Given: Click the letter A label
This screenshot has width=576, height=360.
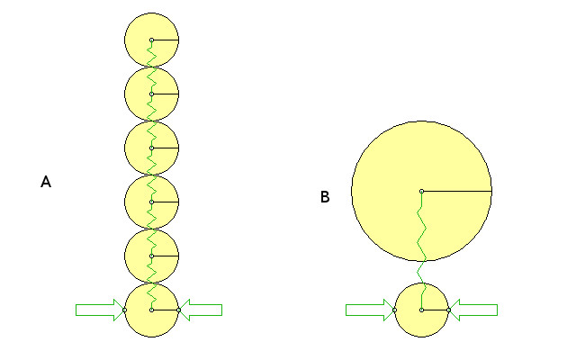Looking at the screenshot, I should tap(46, 183).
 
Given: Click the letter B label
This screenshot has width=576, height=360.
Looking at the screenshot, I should tap(325, 197).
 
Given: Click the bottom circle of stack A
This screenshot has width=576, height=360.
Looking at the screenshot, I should tap(139, 320).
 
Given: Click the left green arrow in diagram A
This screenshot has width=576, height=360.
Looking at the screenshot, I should tap(98, 310).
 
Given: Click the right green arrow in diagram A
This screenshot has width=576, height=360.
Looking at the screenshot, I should tap(202, 310).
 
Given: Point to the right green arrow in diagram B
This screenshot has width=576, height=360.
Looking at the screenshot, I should tap(474, 310).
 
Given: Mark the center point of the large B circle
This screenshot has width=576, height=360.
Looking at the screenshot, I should tap(421, 191).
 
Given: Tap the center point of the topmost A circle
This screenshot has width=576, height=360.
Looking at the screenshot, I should tap(152, 40).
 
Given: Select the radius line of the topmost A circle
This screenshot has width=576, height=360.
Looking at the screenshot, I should tap(166, 40).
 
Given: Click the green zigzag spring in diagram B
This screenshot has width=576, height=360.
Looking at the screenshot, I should tap(420, 238).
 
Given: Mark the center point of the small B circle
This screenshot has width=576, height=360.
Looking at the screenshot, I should tap(421, 310).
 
